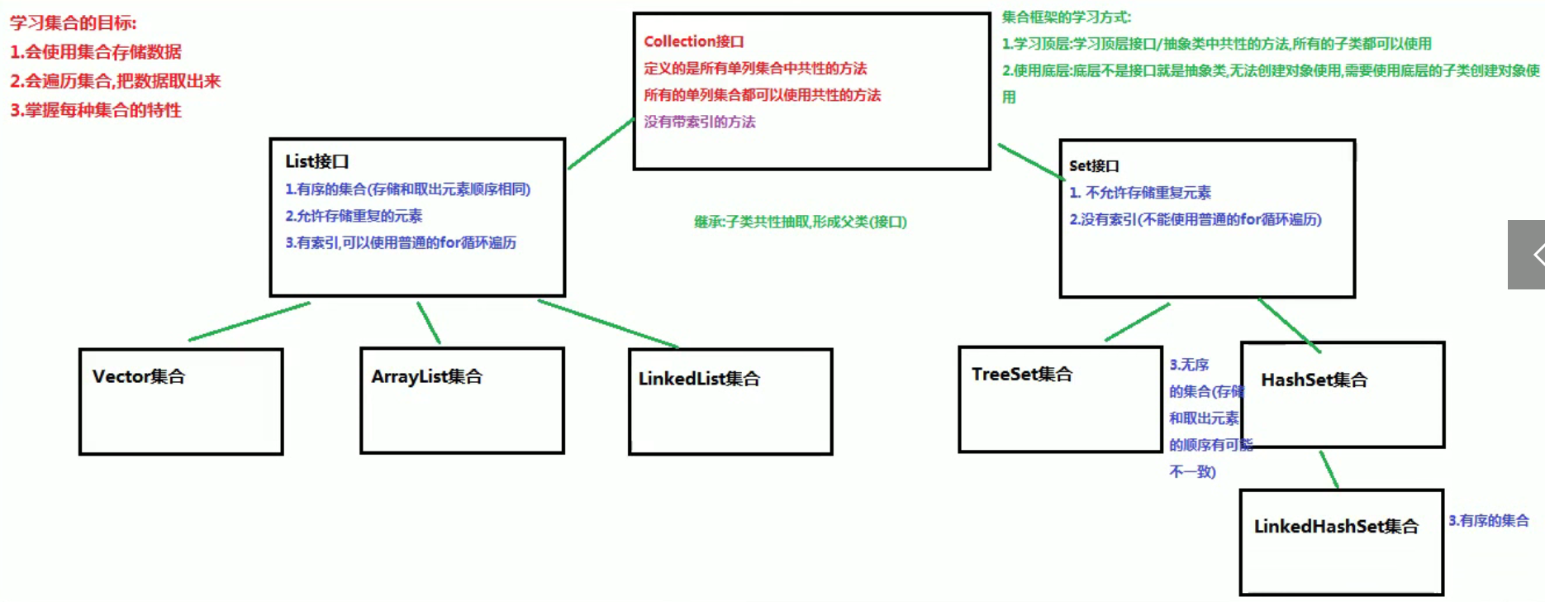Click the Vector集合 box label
coord(139,377)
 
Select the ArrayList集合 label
coord(426,377)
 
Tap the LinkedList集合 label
coord(699,379)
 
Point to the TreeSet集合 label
coord(1022,375)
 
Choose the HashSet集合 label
coord(1314,380)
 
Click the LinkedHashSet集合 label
coord(1336,527)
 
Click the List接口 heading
coord(317,161)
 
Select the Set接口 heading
coord(1094,166)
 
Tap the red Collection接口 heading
coord(694,41)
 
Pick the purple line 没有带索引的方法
coord(700,122)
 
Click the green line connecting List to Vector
coord(250,321)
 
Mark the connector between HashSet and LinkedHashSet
coord(1329,470)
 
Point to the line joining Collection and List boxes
coord(601,145)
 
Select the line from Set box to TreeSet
coord(1138,322)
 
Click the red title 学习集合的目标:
coord(74,23)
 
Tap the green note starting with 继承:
coord(800,222)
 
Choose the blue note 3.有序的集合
coord(1488,521)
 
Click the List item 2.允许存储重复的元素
coord(354,216)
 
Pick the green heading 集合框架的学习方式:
coord(1066,17)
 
